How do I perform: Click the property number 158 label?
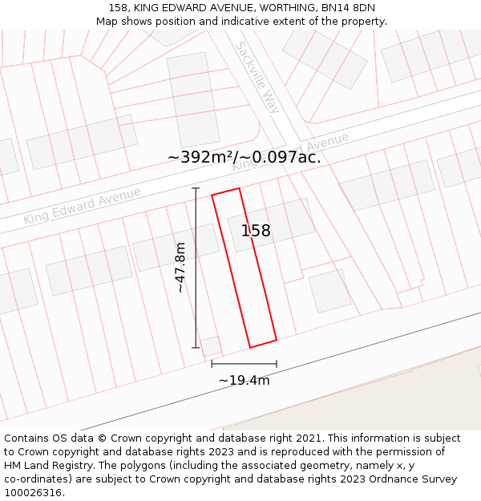pyautogui.click(x=256, y=231)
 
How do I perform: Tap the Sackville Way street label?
pyautogui.click(x=256, y=77)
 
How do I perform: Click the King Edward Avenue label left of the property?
pyautogui.click(x=82, y=205)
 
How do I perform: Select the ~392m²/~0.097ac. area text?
pyautogui.click(x=245, y=157)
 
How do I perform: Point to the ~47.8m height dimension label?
pyautogui.click(x=180, y=268)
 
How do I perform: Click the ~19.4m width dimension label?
pyautogui.click(x=244, y=380)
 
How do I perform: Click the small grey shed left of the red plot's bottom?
pyautogui.click(x=211, y=345)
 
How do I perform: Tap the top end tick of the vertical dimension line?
pyautogui.click(x=196, y=188)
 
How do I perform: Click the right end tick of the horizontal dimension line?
pyautogui.click(x=277, y=363)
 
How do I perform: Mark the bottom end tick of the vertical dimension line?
pyautogui.click(x=196, y=347)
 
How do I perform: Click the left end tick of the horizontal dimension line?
pyautogui.click(x=212, y=363)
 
